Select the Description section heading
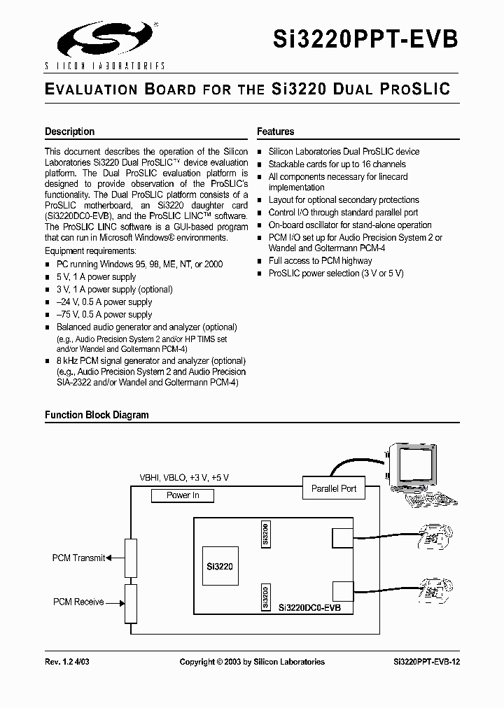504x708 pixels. pos(69,132)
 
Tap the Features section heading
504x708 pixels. pos(275,132)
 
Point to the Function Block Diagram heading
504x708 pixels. pos(97,415)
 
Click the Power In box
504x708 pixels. pos(183,495)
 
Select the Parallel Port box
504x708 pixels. pos(334,488)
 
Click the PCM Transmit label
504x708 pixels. pos(78,558)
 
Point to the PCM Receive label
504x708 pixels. pos(78,602)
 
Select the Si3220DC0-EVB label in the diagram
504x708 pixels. pos(309,609)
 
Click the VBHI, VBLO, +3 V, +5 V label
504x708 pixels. pos(184,477)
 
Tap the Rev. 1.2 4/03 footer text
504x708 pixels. pos(72,661)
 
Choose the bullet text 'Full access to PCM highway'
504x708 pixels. pos(320,261)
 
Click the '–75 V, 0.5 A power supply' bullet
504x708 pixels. pos(104,315)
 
